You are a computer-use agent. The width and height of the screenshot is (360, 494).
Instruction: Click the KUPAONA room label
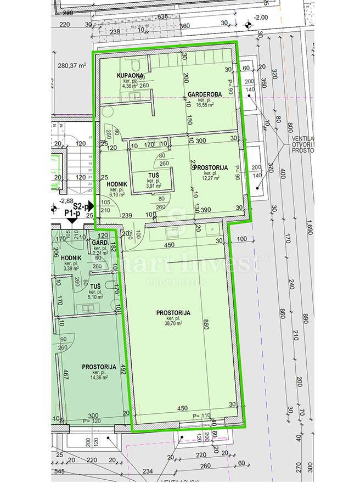coord(130,75)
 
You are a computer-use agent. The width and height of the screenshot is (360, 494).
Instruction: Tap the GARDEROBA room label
coord(204,94)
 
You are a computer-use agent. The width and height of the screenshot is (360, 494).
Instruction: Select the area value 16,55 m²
coord(204,105)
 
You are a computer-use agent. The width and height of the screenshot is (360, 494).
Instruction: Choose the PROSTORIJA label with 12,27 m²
coord(206,167)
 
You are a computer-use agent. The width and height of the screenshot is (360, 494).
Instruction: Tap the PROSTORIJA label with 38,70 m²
coord(173,312)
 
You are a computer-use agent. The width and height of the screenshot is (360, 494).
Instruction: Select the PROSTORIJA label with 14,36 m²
coord(99,367)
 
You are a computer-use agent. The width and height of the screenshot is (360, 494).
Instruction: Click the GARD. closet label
coord(99,242)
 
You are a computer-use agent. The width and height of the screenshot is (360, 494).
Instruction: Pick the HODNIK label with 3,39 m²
coord(71,258)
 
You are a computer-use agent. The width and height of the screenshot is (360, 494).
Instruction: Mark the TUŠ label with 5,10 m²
coord(95,287)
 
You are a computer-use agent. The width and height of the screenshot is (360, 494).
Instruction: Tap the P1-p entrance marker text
coord(71,213)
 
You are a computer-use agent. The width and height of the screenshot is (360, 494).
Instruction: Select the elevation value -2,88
coord(66,201)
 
